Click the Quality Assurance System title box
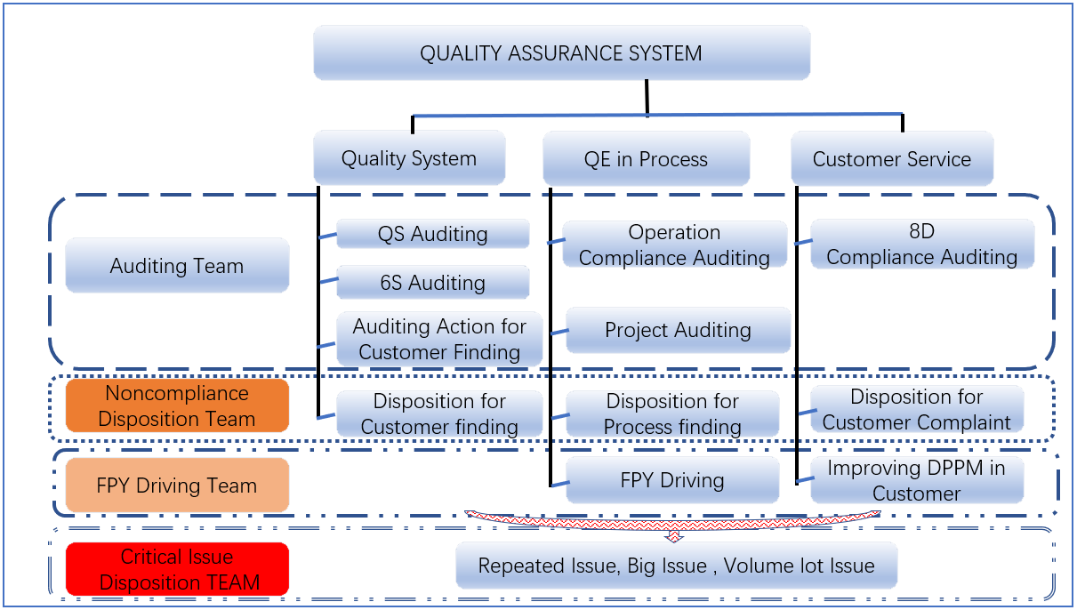[x=561, y=53]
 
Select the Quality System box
[x=409, y=159]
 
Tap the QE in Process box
[x=646, y=160]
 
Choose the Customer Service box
[x=892, y=160]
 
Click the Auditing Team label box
[x=177, y=265]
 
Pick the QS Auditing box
[x=433, y=234]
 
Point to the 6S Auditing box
[x=433, y=283]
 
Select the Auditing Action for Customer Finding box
[x=439, y=339]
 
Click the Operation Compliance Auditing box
[x=675, y=245]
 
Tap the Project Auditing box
[x=678, y=330]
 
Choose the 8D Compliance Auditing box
[x=922, y=245]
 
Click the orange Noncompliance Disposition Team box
[x=177, y=405]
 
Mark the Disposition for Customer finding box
[x=439, y=414]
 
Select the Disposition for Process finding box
[x=672, y=414]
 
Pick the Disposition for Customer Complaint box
[x=917, y=409]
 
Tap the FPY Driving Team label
[x=177, y=486]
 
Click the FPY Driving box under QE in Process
[x=672, y=481]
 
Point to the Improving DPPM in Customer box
[x=917, y=480]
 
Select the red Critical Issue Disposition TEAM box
[x=177, y=569]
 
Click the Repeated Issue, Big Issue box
[x=676, y=566]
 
